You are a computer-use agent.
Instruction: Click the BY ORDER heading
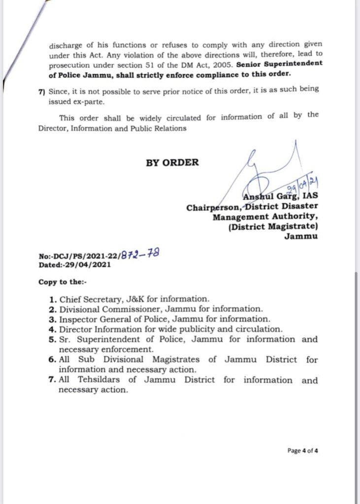click(172, 163)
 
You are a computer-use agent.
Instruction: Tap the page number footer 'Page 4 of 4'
click(303, 450)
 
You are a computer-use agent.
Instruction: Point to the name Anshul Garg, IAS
click(281, 197)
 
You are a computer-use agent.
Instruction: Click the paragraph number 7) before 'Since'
click(41, 89)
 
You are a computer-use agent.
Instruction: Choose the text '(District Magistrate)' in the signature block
click(273, 226)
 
